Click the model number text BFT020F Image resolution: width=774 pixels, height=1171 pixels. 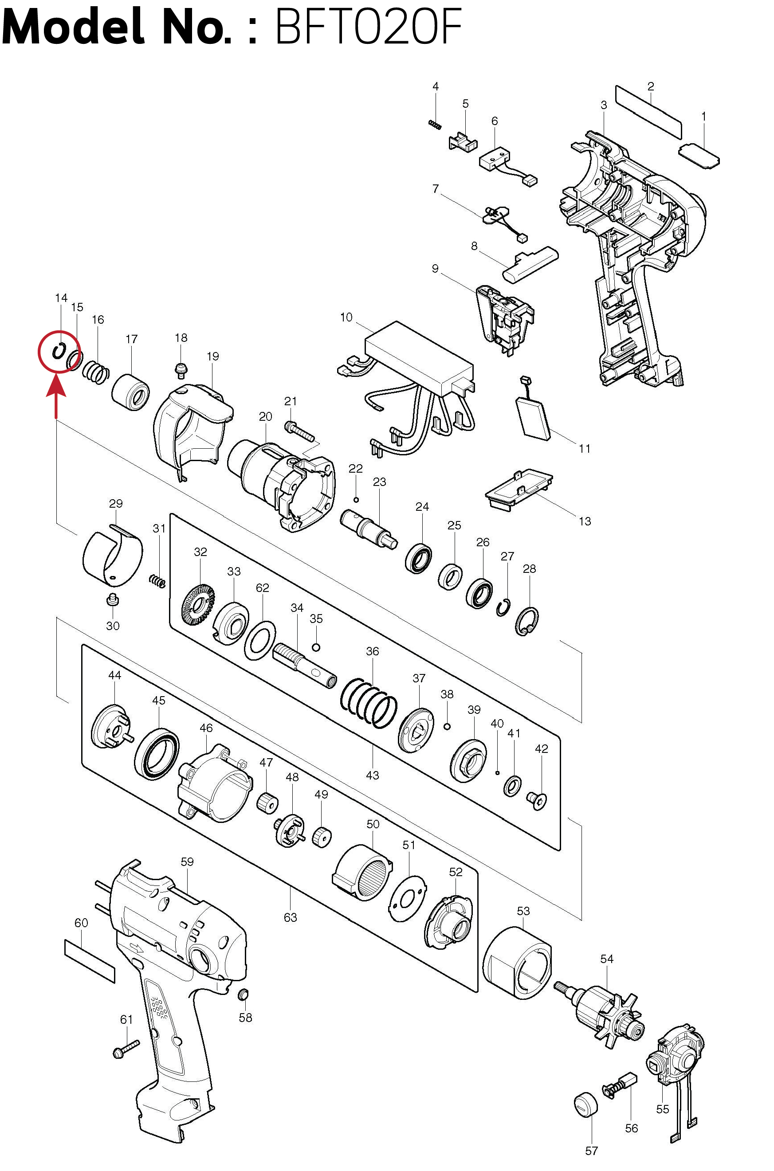click(368, 27)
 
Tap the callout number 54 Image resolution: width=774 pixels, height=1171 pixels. click(607, 959)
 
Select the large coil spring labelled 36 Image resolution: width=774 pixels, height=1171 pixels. click(369, 704)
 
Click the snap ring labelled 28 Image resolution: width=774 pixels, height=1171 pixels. click(526, 621)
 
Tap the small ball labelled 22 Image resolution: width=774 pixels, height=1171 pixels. click(356, 500)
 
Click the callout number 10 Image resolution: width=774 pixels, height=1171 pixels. click(346, 317)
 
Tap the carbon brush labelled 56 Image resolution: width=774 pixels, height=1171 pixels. click(621, 1085)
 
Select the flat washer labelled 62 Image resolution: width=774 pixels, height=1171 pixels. click(260, 641)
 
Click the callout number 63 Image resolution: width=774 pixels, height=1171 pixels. click(290, 917)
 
